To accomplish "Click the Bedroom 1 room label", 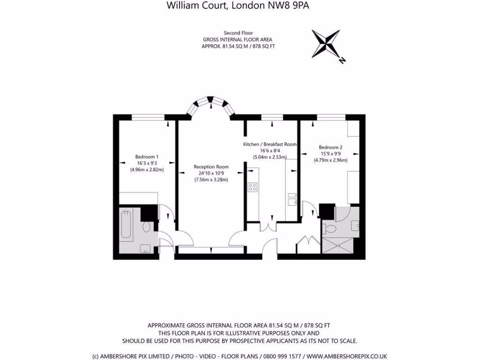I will click(147, 157).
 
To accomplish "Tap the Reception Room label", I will click(211, 167).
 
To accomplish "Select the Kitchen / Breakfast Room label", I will click(270, 144).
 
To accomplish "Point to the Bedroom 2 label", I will click(330, 147).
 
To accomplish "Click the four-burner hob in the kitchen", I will click(252, 187).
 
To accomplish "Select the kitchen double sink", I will click(291, 200).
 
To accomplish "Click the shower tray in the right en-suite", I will click(341, 244).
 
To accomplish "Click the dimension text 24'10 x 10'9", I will click(211, 173).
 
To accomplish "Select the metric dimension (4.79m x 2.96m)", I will click(330, 160).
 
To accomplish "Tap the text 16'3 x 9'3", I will click(147, 163).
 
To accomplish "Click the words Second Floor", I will click(238, 33).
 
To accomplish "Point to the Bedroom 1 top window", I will click(148, 117).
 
